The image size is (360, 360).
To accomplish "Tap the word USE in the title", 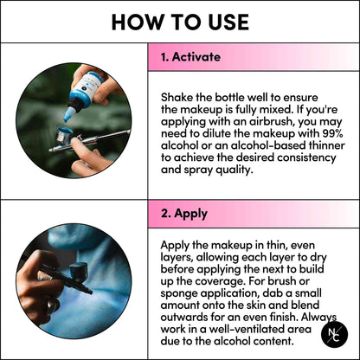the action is point(228,22).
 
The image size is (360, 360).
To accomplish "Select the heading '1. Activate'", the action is point(190,57).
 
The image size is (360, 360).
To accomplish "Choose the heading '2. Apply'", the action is point(184,214).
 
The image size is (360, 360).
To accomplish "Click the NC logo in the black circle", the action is point(334,335).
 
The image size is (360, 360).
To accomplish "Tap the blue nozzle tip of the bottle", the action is point(68,114).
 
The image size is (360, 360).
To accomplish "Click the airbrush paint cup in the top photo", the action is point(64,136).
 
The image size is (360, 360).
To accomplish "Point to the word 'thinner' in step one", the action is point(327,145).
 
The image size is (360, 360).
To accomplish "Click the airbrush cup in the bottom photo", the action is point(78,272).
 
